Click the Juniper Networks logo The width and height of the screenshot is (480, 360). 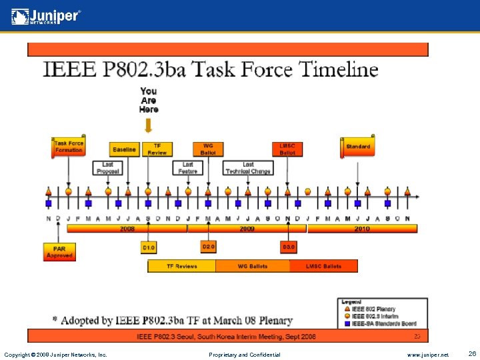click(46, 16)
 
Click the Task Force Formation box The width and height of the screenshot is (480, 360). click(69, 147)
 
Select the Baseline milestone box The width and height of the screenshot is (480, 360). click(124, 149)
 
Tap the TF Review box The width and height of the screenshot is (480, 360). click(157, 149)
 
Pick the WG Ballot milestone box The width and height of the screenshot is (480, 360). click(208, 149)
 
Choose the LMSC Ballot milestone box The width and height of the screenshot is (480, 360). click(287, 149)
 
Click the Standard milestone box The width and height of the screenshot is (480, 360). click(358, 147)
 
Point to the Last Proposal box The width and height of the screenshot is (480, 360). click(108, 168)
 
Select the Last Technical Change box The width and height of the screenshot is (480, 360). click(248, 168)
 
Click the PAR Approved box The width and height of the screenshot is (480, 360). click(59, 252)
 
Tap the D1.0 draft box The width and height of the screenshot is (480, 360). click(148, 247)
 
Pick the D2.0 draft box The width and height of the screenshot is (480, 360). click(209, 247)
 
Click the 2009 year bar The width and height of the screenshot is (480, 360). click(247, 229)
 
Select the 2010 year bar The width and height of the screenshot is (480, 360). click(362, 229)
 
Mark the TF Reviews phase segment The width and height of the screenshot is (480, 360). click(181, 266)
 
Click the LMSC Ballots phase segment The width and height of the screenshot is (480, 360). click(323, 266)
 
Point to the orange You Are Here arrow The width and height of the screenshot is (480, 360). click(149, 125)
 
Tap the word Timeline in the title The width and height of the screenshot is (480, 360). click(339, 69)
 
